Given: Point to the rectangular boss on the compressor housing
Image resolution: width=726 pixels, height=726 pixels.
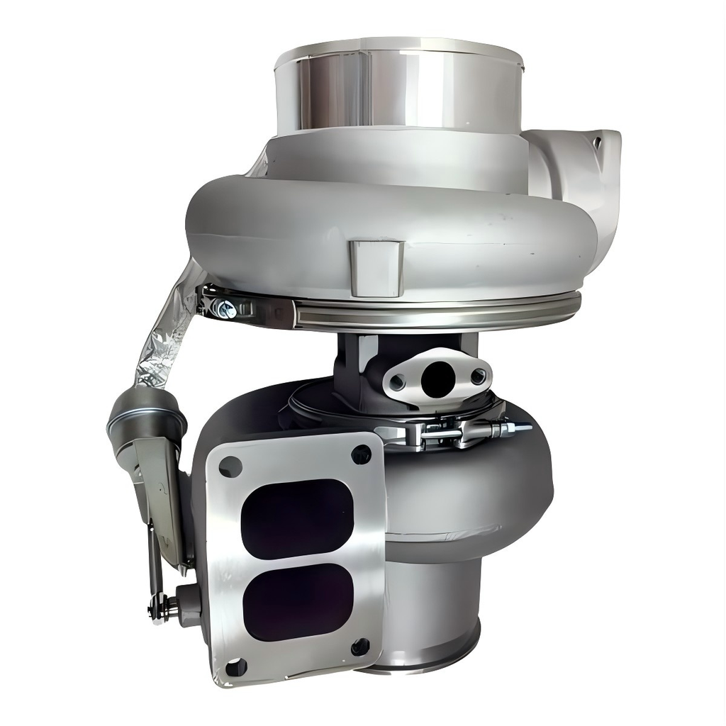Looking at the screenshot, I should [x=376, y=267].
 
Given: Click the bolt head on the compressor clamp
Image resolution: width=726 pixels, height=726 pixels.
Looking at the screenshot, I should [x=226, y=308].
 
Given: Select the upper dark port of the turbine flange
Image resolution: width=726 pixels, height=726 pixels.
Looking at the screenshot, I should [x=297, y=518].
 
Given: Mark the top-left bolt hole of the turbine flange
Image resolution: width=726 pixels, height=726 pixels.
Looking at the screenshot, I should [x=230, y=466].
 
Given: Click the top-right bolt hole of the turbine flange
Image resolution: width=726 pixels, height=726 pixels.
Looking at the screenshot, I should [x=361, y=454].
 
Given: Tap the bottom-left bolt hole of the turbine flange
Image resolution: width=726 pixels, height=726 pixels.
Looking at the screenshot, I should [x=235, y=666].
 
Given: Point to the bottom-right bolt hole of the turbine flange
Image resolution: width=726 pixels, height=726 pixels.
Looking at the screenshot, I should [x=360, y=647].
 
